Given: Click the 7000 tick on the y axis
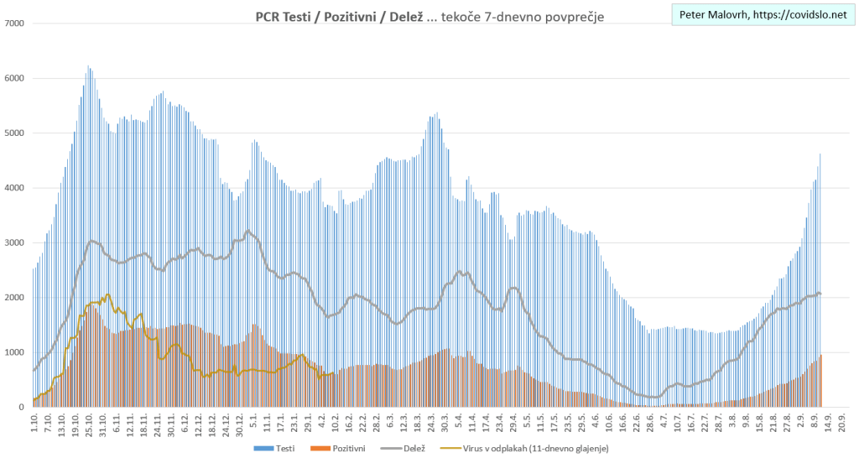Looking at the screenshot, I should (x=14, y=23).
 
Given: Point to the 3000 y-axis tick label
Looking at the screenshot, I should (x=14, y=243).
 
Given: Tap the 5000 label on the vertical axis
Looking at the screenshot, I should (x=14, y=133).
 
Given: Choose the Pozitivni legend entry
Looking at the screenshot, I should (x=346, y=450).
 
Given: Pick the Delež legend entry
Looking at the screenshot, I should (x=413, y=450).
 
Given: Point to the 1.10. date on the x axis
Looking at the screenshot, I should (x=34, y=422).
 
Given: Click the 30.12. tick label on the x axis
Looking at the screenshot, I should (x=240, y=424).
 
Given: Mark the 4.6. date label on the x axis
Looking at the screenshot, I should (x=595, y=422).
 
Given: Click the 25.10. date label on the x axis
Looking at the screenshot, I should (x=88, y=424).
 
